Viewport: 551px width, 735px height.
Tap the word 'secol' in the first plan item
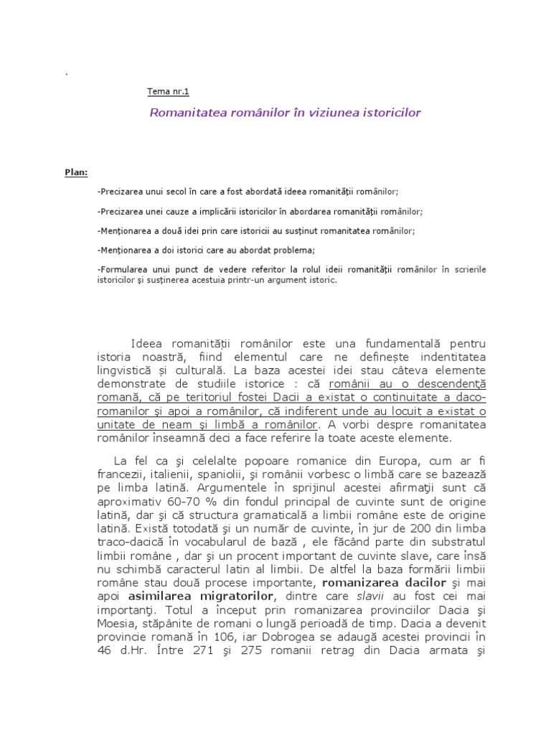pyautogui.click(x=180, y=192)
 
